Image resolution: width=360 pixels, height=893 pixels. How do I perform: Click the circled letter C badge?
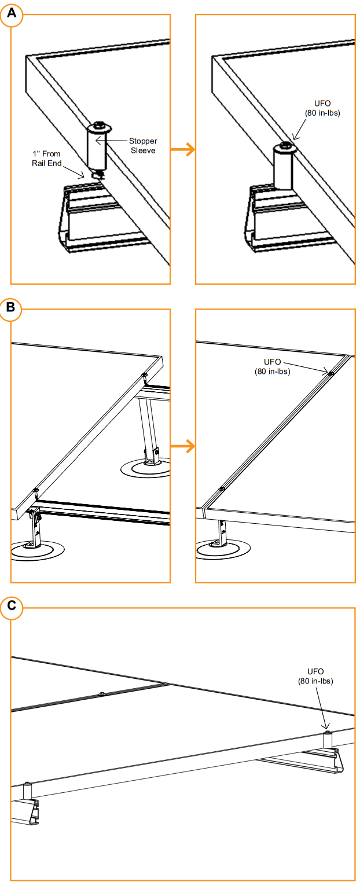tap(11, 607)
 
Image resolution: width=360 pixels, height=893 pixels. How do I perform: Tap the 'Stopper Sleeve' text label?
tap(143, 145)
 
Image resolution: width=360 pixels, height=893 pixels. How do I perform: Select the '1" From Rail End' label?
tap(47, 159)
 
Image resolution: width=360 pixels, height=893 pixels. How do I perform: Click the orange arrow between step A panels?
tap(182, 150)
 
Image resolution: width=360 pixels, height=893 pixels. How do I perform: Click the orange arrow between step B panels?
tap(182, 446)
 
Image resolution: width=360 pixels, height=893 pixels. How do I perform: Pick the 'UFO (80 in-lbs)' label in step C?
tap(315, 675)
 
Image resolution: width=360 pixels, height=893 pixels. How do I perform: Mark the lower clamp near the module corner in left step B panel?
tap(36, 491)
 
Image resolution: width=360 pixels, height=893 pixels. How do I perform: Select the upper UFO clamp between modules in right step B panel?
tap(330, 374)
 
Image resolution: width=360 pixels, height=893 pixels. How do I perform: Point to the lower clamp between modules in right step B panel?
tap(222, 489)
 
